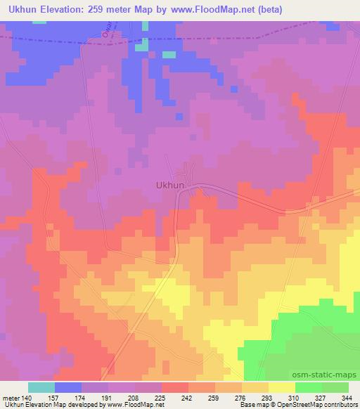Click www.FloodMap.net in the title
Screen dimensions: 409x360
(x=228, y=9)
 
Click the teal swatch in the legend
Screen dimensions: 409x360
(x=41, y=387)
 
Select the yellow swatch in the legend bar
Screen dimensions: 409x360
(x=281, y=387)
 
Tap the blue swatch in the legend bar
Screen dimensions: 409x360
(x=67, y=387)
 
